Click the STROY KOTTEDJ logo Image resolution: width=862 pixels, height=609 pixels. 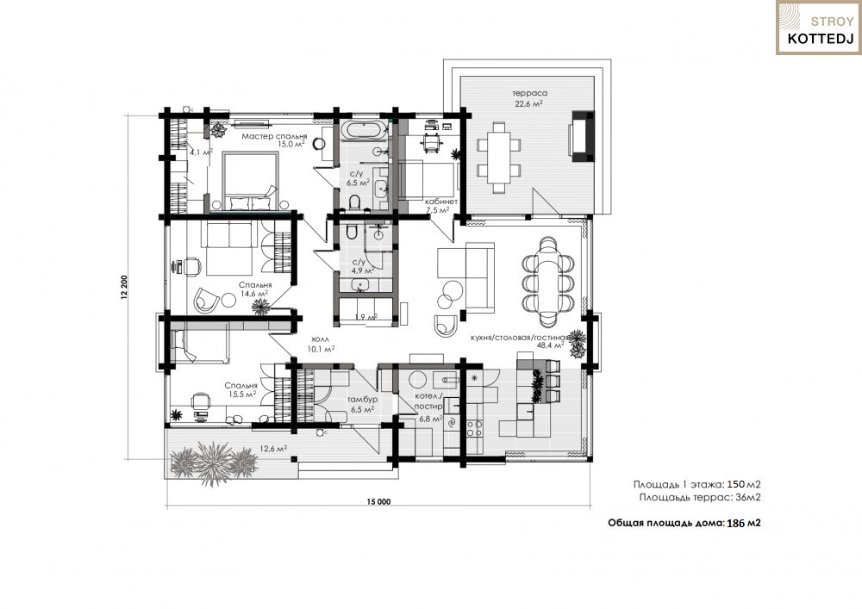coord(819,28)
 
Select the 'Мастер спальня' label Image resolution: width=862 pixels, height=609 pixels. coord(274,136)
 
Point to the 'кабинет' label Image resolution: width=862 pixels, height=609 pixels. coord(440,202)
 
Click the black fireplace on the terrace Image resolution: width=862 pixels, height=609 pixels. coord(582,136)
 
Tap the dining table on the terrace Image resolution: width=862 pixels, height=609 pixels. coord(499,157)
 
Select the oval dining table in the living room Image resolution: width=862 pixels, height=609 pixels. coord(548,282)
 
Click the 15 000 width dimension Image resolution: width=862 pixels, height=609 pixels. coord(378,501)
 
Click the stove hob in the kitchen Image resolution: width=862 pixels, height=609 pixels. coord(474,428)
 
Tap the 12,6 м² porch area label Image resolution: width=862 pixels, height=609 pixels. coord(273,449)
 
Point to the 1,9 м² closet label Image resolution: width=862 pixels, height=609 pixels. coord(365,317)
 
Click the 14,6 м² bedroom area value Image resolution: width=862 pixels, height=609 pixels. coord(255,294)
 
